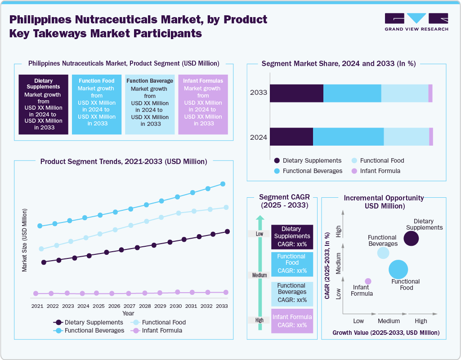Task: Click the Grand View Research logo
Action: tap(416, 22)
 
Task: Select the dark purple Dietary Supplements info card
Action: tap(43, 104)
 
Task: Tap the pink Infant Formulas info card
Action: tap(203, 104)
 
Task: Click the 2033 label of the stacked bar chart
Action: tap(259, 93)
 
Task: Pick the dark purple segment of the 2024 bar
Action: tap(291, 137)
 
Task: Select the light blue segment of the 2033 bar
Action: tap(404, 93)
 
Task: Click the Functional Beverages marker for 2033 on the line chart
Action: tap(222, 184)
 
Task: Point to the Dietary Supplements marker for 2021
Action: tap(44, 262)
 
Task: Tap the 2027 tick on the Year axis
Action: tap(129, 306)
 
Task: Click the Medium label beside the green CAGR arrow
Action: tap(260, 275)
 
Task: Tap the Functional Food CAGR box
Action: tap(292, 264)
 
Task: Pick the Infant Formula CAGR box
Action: tap(292, 321)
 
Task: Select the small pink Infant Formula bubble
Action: tap(368, 281)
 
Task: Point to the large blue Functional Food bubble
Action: tap(398, 269)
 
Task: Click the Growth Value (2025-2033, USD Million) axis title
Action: tap(386, 333)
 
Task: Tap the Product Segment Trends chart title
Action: tap(124, 161)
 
